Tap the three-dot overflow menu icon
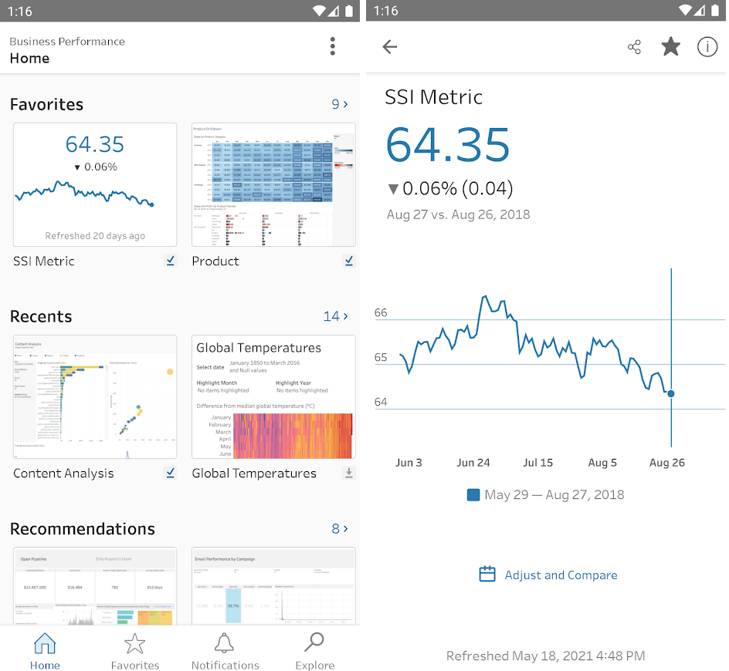click(333, 46)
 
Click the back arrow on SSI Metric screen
click(390, 47)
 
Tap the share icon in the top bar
click(634, 47)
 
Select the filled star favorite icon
click(670, 47)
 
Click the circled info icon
click(707, 47)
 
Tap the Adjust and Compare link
click(549, 575)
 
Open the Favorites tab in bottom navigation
click(135, 650)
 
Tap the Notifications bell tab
click(225, 650)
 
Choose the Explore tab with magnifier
click(315, 650)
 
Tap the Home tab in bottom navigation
click(45, 650)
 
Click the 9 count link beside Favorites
click(340, 104)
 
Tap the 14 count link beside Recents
click(335, 316)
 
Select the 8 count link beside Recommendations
click(340, 528)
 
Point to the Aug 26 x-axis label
click(667, 463)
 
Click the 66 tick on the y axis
click(381, 312)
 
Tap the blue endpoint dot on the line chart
click(670, 393)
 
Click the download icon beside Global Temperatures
click(348, 473)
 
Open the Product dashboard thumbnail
click(273, 185)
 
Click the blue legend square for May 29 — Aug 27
click(473, 495)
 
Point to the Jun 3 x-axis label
click(409, 463)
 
